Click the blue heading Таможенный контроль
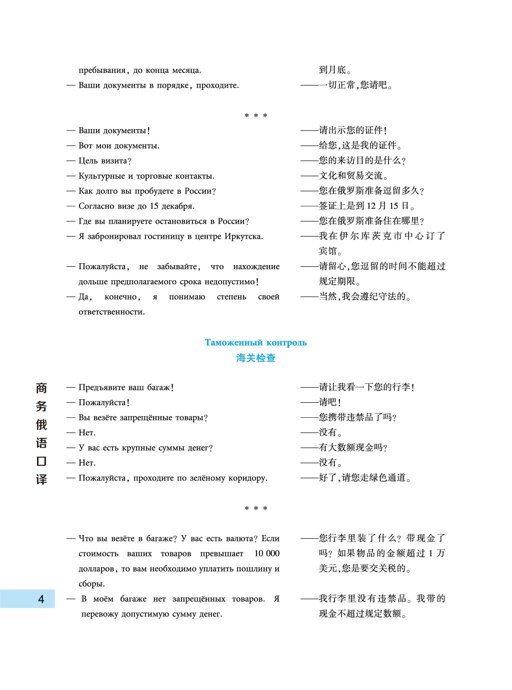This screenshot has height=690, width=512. click(255, 343)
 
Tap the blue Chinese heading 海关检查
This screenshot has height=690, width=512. click(255, 358)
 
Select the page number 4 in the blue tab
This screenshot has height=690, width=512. click(41, 599)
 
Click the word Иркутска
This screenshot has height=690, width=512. click(243, 236)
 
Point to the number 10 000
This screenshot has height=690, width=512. click(266, 553)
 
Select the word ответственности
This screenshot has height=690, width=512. click(111, 312)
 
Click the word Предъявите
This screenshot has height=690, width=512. click(99, 387)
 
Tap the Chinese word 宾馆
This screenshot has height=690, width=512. click(330, 251)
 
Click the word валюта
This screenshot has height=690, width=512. click(238, 539)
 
